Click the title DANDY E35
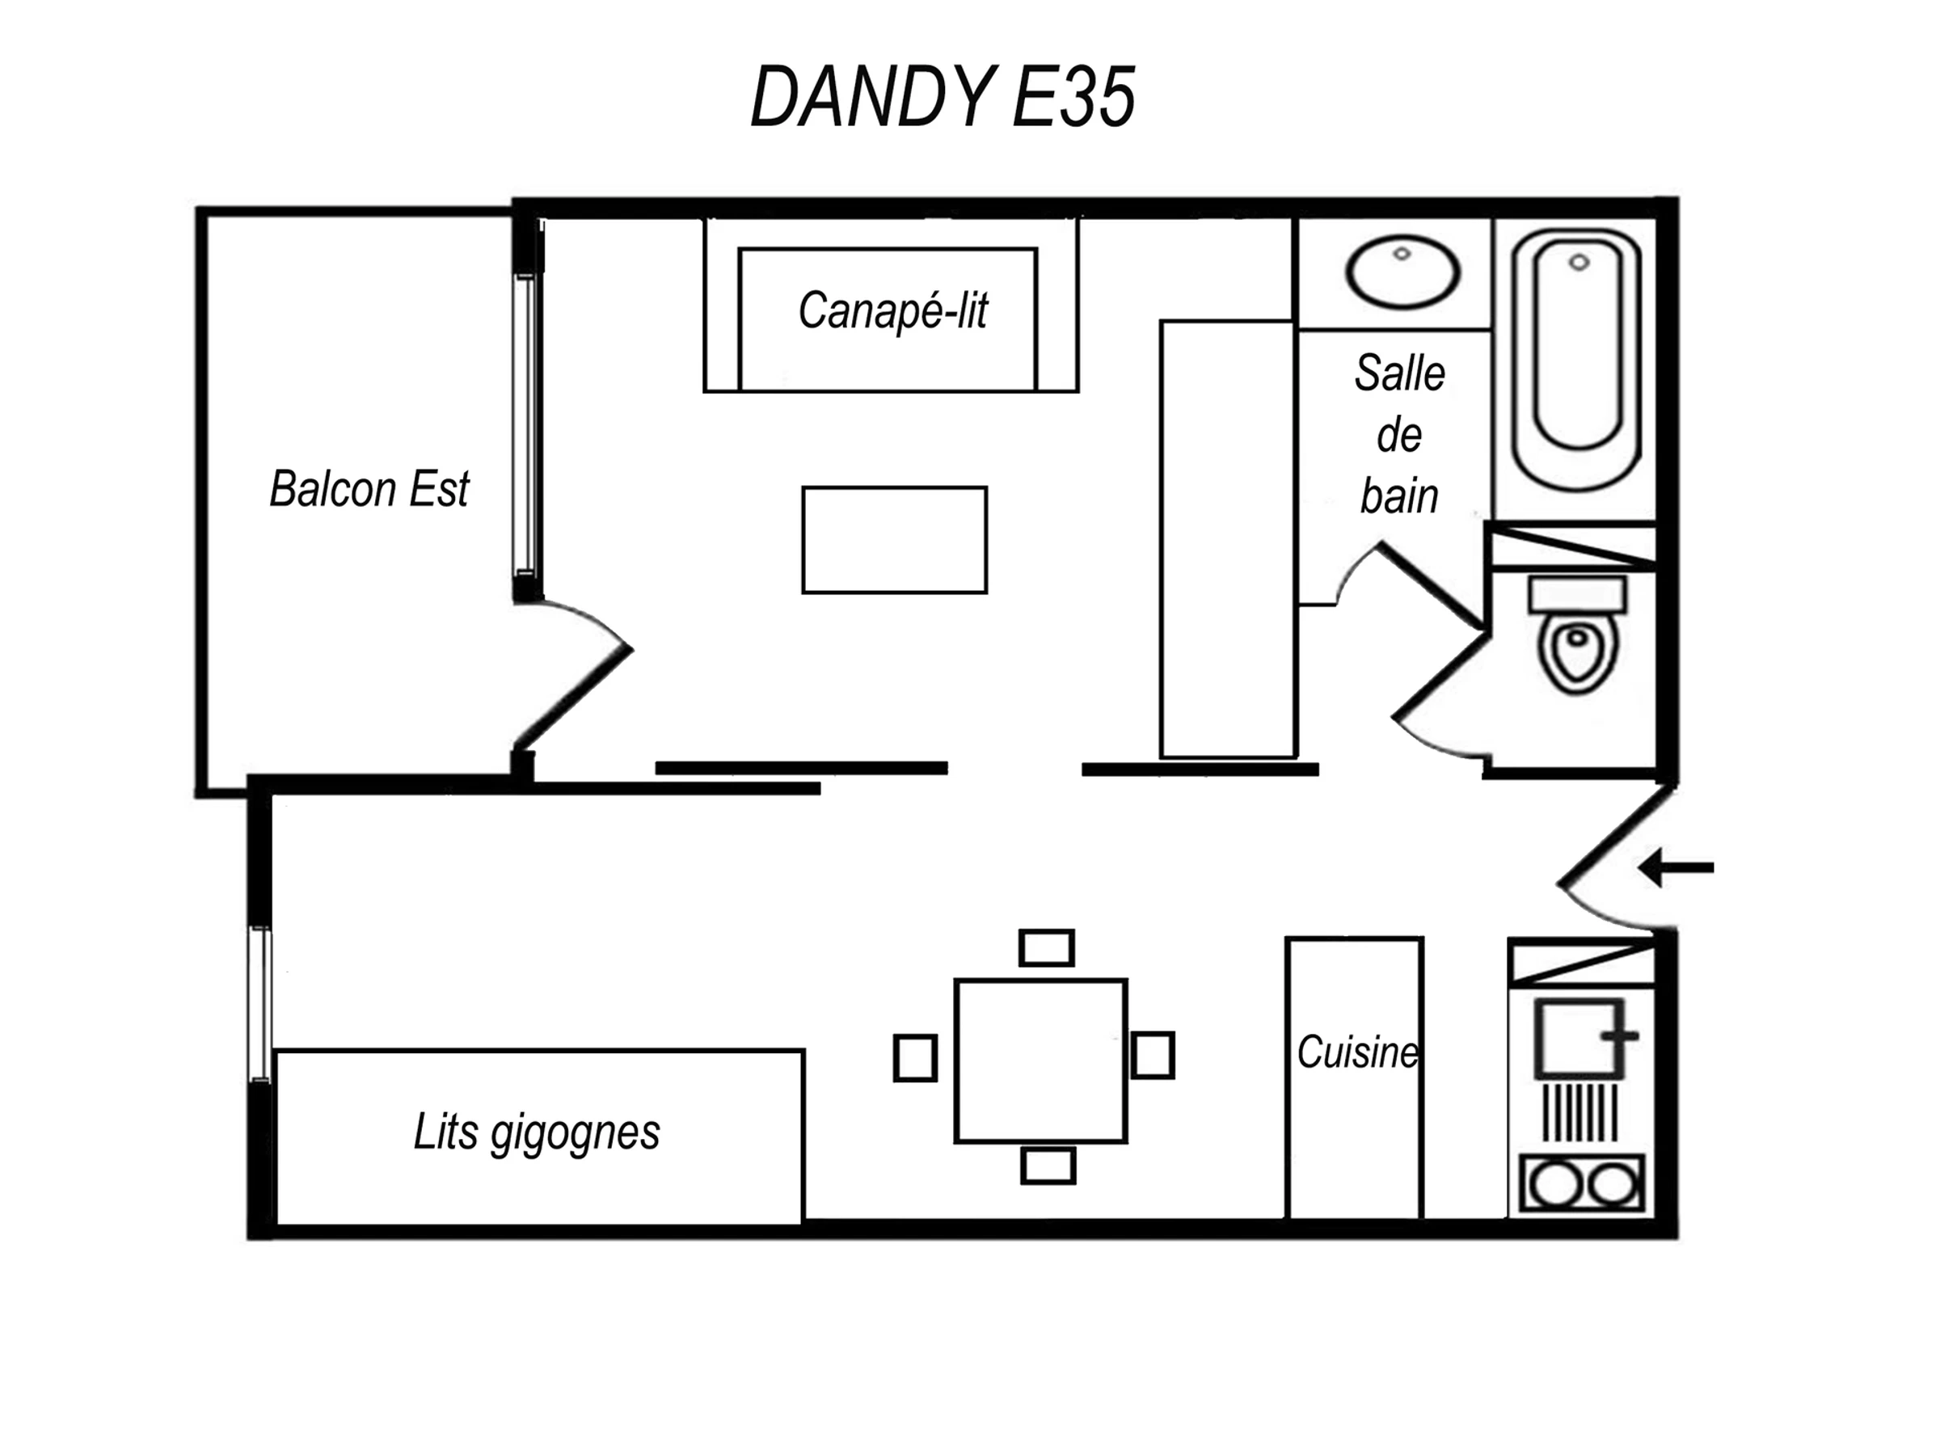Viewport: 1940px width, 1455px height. (x=943, y=96)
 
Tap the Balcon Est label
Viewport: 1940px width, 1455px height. (x=369, y=488)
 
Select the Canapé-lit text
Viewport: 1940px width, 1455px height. (x=893, y=310)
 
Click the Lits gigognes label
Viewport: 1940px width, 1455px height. (x=537, y=1133)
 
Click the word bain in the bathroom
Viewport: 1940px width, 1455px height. (x=1400, y=496)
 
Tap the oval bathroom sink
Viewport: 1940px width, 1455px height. (x=1402, y=272)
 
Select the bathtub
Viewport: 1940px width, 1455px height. (x=1577, y=359)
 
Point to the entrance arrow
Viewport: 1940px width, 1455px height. (x=1675, y=868)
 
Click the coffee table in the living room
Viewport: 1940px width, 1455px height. (x=895, y=540)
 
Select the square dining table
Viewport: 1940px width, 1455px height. (x=1041, y=1061)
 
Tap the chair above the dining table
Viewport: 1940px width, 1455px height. (x=1047, y=948)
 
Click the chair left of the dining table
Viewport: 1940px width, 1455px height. (x=916, y=1057)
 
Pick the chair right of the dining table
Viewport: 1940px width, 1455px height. (x=1153, y=1055)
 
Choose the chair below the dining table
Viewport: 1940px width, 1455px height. (x=1048, y=1166)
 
